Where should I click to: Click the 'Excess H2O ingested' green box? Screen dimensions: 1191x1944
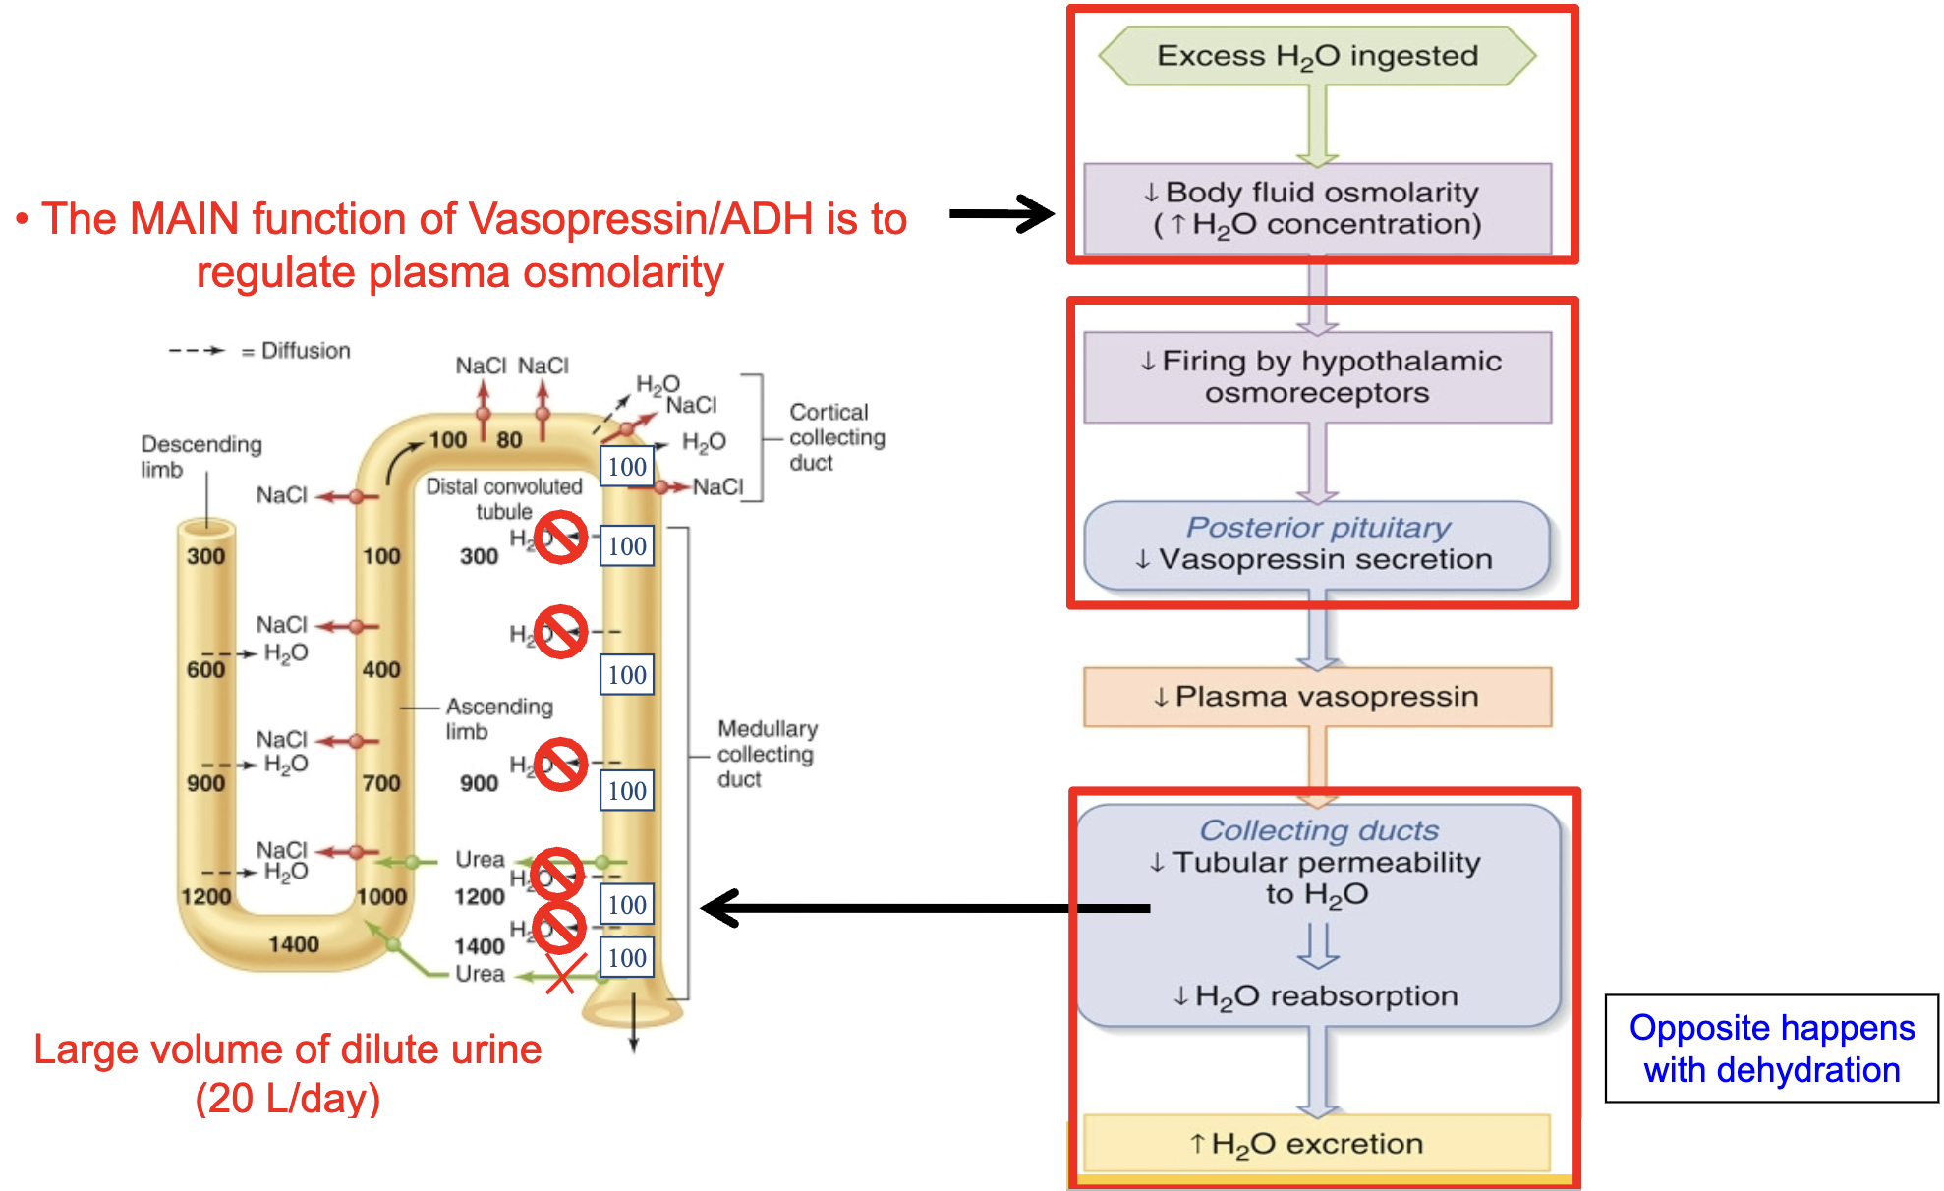point(1317,56)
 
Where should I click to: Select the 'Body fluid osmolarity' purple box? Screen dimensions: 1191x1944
point(1317,208)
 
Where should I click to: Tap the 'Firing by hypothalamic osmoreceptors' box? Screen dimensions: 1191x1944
point(1317,377)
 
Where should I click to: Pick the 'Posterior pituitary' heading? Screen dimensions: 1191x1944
point(1317,528)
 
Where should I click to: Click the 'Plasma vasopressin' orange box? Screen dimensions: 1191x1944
point(1317,697)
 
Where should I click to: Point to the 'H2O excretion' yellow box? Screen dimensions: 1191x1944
point(1317,1143)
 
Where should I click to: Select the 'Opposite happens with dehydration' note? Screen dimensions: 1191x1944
point(1771,1049)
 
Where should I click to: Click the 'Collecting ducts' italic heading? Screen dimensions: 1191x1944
point(1318,831)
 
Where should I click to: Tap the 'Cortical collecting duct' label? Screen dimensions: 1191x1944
point(836,437)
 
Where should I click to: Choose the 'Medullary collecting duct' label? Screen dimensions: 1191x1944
point(767,754)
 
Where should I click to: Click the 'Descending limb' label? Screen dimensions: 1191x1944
point(200,456)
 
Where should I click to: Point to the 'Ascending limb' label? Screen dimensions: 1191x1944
point(498,718)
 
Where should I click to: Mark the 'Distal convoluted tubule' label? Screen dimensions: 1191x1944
point(503,498)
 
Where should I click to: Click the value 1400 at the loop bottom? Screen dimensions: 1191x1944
point(293,944)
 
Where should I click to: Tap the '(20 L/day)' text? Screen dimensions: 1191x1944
point(287,1099)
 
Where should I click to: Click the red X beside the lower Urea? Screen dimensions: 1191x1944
point(560,975)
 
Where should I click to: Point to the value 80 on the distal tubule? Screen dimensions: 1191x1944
point(509,439)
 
